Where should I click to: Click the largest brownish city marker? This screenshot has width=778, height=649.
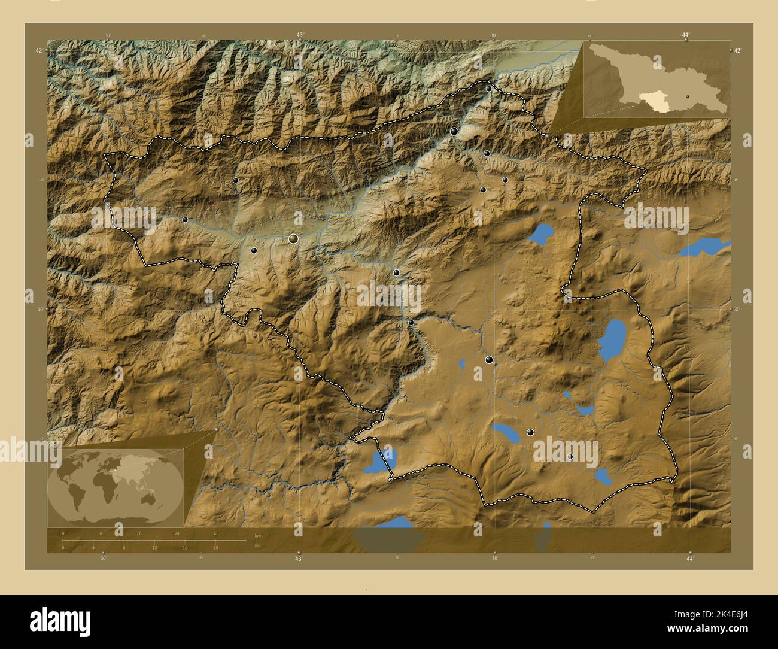pos(293,239)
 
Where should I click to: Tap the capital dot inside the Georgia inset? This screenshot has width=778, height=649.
pos(688,96)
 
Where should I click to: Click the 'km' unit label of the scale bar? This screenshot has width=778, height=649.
pos(258,535)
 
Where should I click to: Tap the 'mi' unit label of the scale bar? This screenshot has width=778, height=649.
pos(257,545)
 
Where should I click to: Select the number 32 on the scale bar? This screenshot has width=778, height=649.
pos(214,533)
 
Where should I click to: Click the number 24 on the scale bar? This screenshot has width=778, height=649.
pos(177,533)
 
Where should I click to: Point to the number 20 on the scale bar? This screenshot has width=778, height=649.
pos(215,547)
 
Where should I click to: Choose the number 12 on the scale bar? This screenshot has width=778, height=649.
pos(154,547)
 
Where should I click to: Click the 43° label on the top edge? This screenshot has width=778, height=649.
pos(299,35)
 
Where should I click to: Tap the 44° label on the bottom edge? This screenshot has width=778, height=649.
pos(690,559)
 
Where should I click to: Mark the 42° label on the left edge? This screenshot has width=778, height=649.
pos(38,51)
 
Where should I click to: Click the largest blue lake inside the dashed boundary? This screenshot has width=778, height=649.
pos(612,339)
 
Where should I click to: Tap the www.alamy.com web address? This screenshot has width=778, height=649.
pos(713,629)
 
